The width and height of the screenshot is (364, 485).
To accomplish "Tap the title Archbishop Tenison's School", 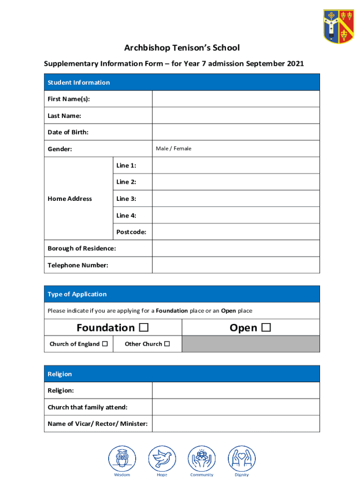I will pos(182,48).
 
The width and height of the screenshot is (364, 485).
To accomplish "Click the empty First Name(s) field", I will pos(235,99).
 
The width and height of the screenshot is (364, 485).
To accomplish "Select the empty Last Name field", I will pos(235,116).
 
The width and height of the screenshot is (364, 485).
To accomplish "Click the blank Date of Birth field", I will pos(235,132).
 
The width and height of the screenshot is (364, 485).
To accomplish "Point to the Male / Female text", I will pos(173,149).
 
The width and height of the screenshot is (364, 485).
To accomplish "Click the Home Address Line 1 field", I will pos(235,165).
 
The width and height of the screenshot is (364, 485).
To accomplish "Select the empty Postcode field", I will pos(235,232).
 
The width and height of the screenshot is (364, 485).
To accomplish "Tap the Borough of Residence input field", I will pos(235,249).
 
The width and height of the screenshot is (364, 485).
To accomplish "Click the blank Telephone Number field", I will pos(235,265).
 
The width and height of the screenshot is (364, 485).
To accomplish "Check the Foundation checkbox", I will pos(144,328).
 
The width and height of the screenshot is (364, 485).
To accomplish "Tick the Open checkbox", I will pos(266,328).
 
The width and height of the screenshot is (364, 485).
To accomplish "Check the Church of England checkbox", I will pos(105,344).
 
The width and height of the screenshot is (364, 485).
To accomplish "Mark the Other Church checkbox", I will pos(167,344).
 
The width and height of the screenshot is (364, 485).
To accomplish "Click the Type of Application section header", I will pos(182,294).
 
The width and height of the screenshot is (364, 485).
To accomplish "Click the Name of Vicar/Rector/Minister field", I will pos(235,424).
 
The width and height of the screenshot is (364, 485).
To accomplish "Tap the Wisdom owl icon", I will pos(122,458).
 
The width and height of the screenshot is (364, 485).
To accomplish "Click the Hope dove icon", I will pos(162,458).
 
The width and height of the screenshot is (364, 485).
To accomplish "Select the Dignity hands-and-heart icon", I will pos(242,458).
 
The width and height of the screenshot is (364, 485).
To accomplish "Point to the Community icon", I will pos(202,458).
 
